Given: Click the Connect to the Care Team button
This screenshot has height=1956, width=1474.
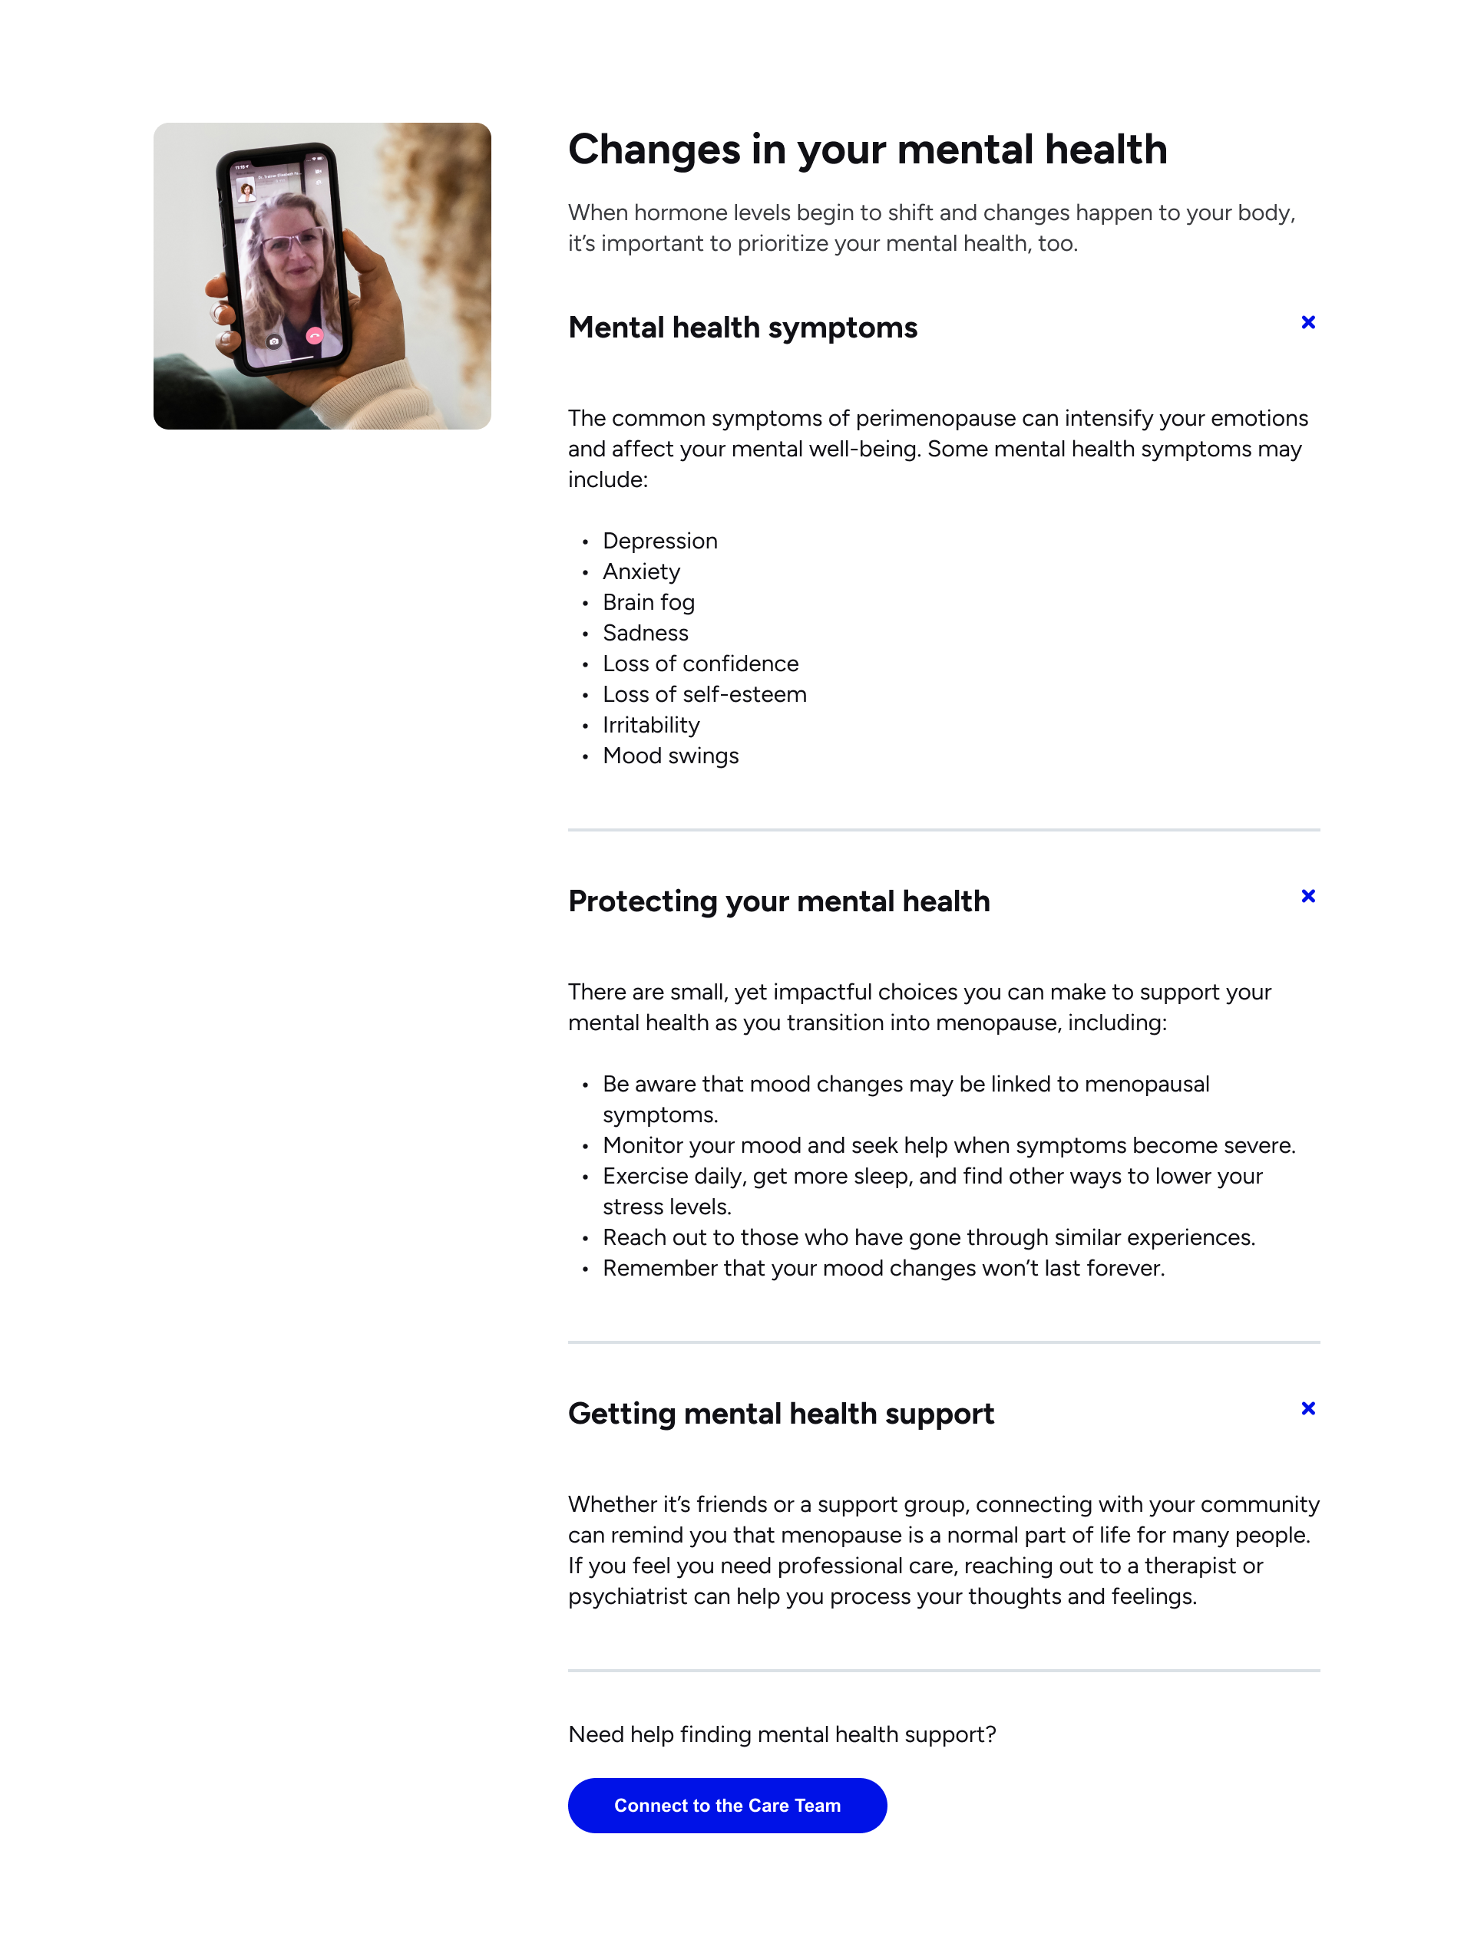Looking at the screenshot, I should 726,1805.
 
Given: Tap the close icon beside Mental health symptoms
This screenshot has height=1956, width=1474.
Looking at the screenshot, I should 1307,323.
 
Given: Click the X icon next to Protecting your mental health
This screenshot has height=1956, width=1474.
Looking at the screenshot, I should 1307,896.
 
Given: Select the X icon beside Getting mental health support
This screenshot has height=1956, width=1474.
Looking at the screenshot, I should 1307,1408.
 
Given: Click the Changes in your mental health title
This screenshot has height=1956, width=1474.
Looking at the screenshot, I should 867,150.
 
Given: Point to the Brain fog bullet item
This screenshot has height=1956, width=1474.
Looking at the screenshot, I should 648,602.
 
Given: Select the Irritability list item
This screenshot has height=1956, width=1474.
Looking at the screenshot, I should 650,725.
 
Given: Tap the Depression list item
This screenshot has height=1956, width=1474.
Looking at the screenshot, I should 659,542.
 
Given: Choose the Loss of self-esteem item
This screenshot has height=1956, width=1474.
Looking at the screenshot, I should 704,694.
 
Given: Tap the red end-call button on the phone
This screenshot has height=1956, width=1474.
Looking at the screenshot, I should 314,336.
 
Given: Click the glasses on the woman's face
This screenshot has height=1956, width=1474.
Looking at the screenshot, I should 292,239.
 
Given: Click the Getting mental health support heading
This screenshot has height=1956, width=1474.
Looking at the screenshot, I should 780,1413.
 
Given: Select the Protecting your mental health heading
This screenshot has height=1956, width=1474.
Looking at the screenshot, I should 778,901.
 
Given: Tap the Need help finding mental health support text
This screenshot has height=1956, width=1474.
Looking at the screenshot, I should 782,1734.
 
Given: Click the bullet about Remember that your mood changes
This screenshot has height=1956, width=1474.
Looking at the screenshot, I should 883,1268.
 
